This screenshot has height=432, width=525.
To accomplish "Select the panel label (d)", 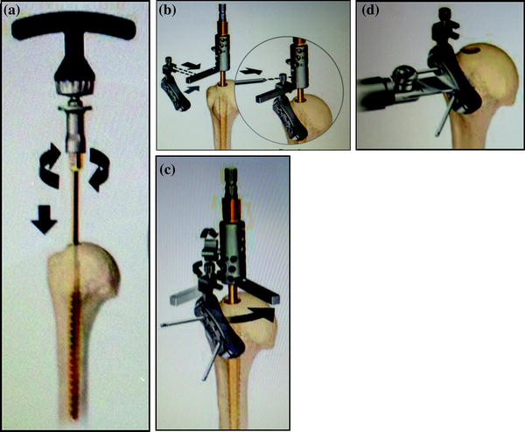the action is coord(370,11).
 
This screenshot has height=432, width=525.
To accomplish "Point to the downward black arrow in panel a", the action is coord(45,220).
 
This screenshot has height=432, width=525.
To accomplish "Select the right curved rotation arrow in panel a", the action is coord(99,169).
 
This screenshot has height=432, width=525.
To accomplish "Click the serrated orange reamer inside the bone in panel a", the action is coord(76,356).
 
